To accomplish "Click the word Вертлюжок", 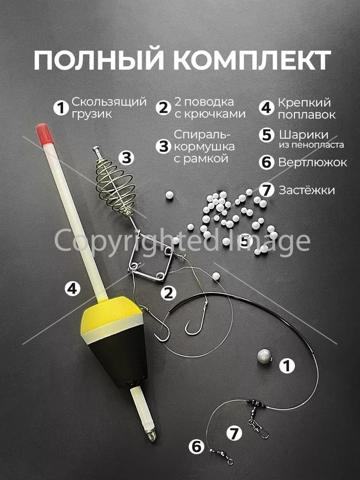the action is tap(312, 163).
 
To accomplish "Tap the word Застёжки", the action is tap(306, 190).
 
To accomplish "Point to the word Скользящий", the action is tap(109, 102).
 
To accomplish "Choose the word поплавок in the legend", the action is tap(307, 115).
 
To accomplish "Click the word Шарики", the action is tap(304, 135).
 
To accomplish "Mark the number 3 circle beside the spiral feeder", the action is tap(126, 158).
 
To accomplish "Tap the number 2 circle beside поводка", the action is tap(164, 108).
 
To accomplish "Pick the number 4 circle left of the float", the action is tap(72, 289).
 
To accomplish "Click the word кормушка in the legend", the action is tap(204, 147).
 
